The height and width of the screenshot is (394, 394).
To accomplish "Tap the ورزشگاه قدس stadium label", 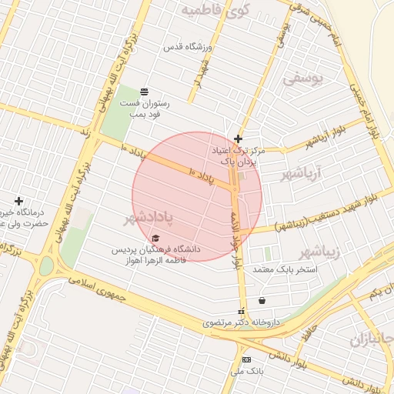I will pos(185,46).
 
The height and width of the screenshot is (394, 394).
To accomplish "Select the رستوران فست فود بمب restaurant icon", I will pos(145,91).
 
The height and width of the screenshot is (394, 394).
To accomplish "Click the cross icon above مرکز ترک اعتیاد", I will pos(239,139).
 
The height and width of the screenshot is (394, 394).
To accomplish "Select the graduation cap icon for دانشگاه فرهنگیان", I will pos(156,238).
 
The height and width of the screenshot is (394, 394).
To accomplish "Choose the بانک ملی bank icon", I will pos(245,359).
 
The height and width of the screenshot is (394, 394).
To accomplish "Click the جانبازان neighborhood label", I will pos(371,339).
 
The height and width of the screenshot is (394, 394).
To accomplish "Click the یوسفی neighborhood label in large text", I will pos(303,78).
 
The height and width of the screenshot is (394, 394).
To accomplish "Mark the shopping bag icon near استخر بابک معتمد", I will pos(263,299).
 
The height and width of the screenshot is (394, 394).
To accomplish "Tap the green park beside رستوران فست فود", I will pos(115,115).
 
